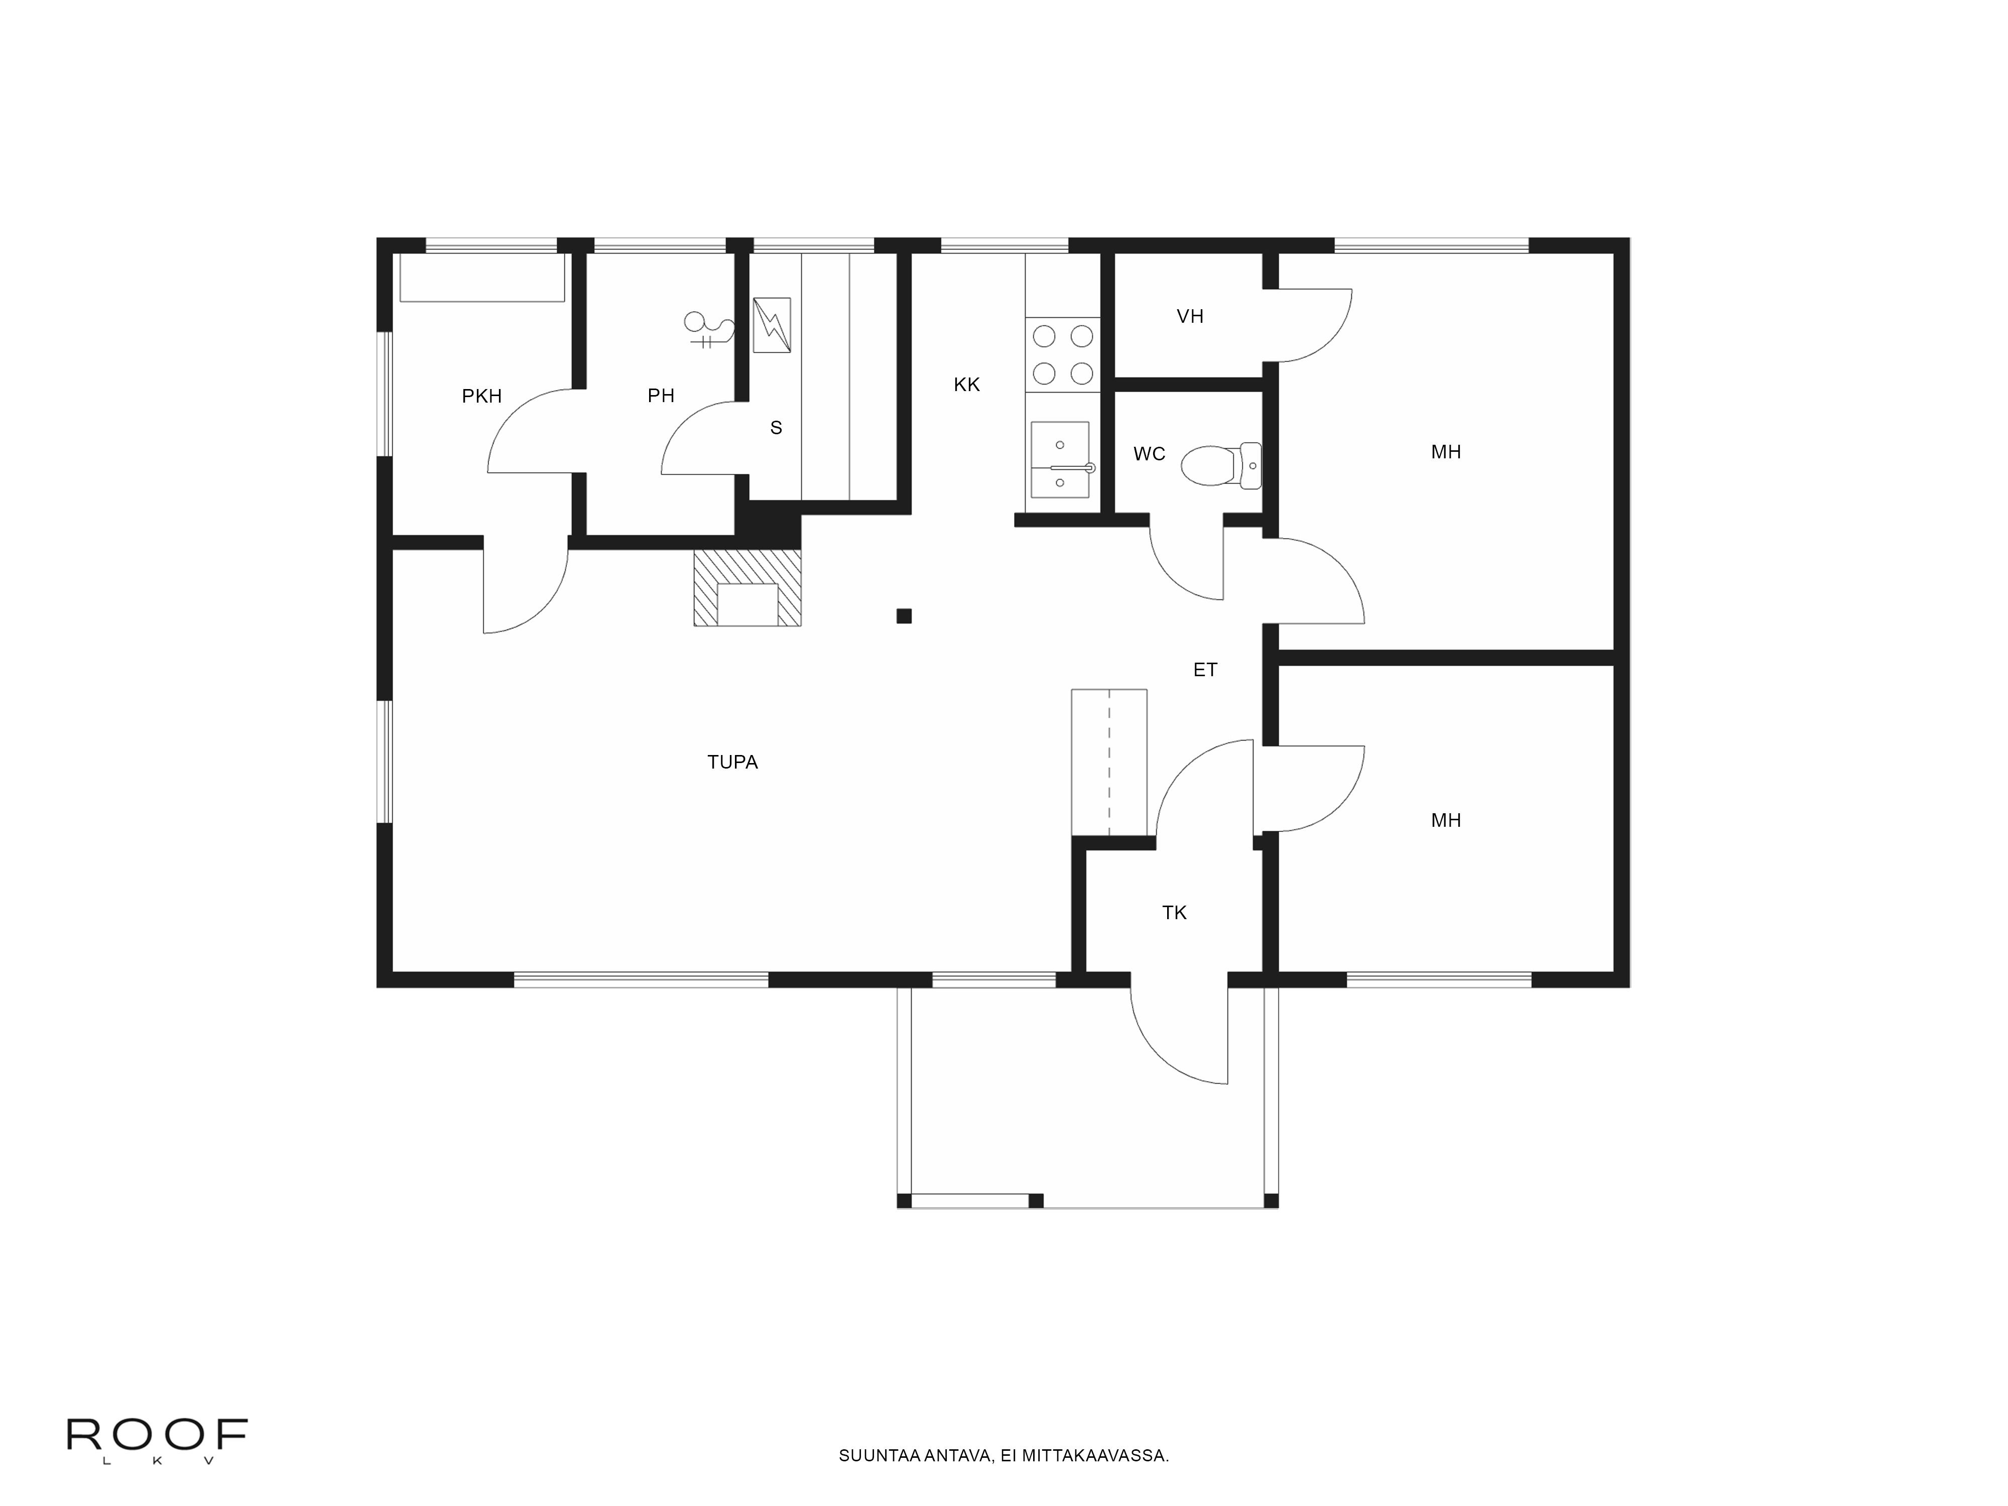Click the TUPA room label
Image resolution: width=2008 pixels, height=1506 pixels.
coord(732,763)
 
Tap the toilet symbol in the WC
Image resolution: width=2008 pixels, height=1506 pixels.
coord(1221,466)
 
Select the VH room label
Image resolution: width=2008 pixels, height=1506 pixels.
coord(1190,317)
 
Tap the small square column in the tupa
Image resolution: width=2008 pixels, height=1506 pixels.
coord(904,616)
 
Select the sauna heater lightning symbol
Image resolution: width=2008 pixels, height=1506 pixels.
coord(772,325)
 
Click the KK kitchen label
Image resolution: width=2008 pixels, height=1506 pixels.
coord(967,385)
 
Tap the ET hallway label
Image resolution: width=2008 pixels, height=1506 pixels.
coord(1205,670)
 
